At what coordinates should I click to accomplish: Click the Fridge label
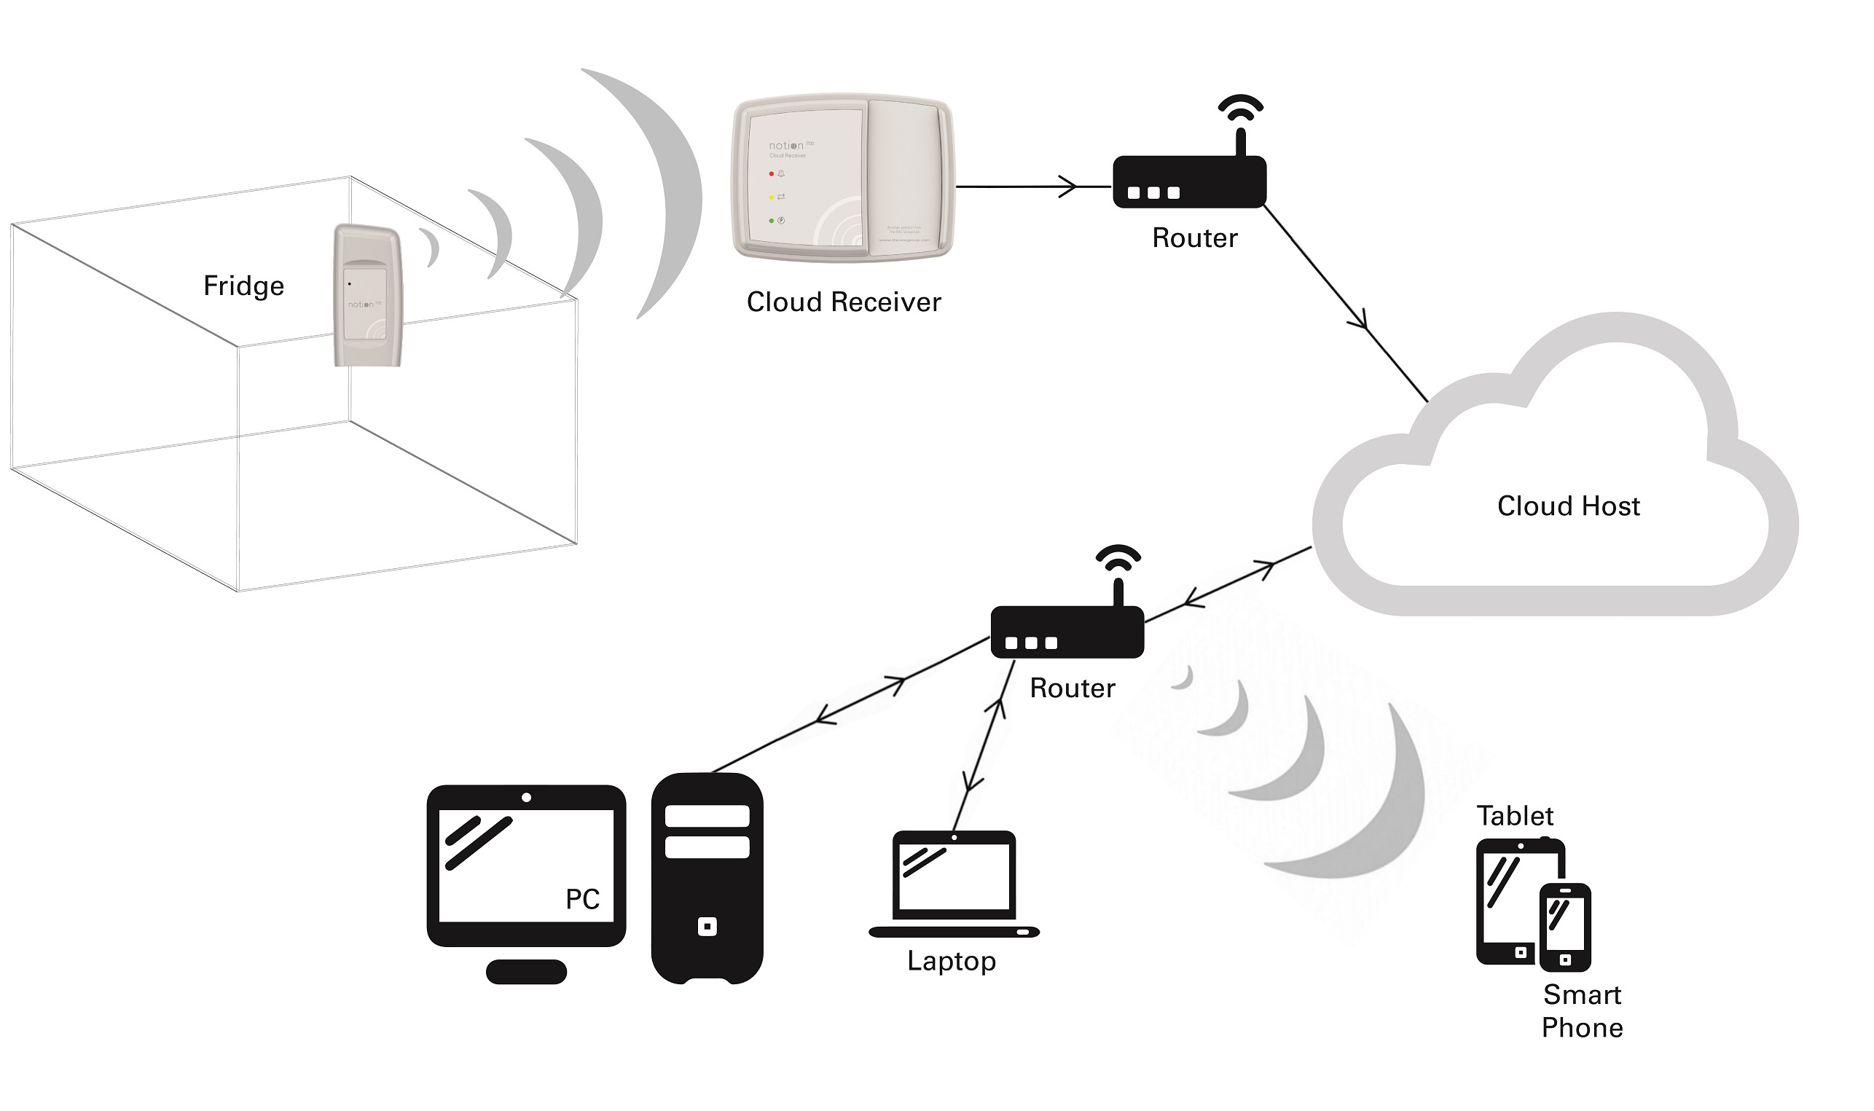(x=243, y=286)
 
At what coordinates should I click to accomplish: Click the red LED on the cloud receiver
(x=771, y=173)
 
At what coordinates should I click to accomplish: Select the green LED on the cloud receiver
(x=771, y=221)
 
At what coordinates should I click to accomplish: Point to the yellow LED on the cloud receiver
(x=771, y=197)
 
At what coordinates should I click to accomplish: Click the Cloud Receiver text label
(x=843, y=302)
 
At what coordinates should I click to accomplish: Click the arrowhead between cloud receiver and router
(x=1068, y=187)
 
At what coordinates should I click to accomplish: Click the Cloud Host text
(x=1568, y=507)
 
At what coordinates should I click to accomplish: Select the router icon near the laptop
(x=1066, y=632)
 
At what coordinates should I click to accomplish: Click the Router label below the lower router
(x=1072, y=688)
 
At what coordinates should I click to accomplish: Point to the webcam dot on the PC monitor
(x=526, y=798)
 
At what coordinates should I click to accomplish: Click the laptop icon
(x=954, y=884)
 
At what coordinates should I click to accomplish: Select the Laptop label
(x=951, y=961)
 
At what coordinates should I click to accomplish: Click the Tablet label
(x=1515, y=816)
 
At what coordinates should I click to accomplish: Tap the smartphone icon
(x=1565, y=927)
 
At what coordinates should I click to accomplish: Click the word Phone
(x=1581, y=1029)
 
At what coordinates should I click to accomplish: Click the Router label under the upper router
(x=1194, y=238)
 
